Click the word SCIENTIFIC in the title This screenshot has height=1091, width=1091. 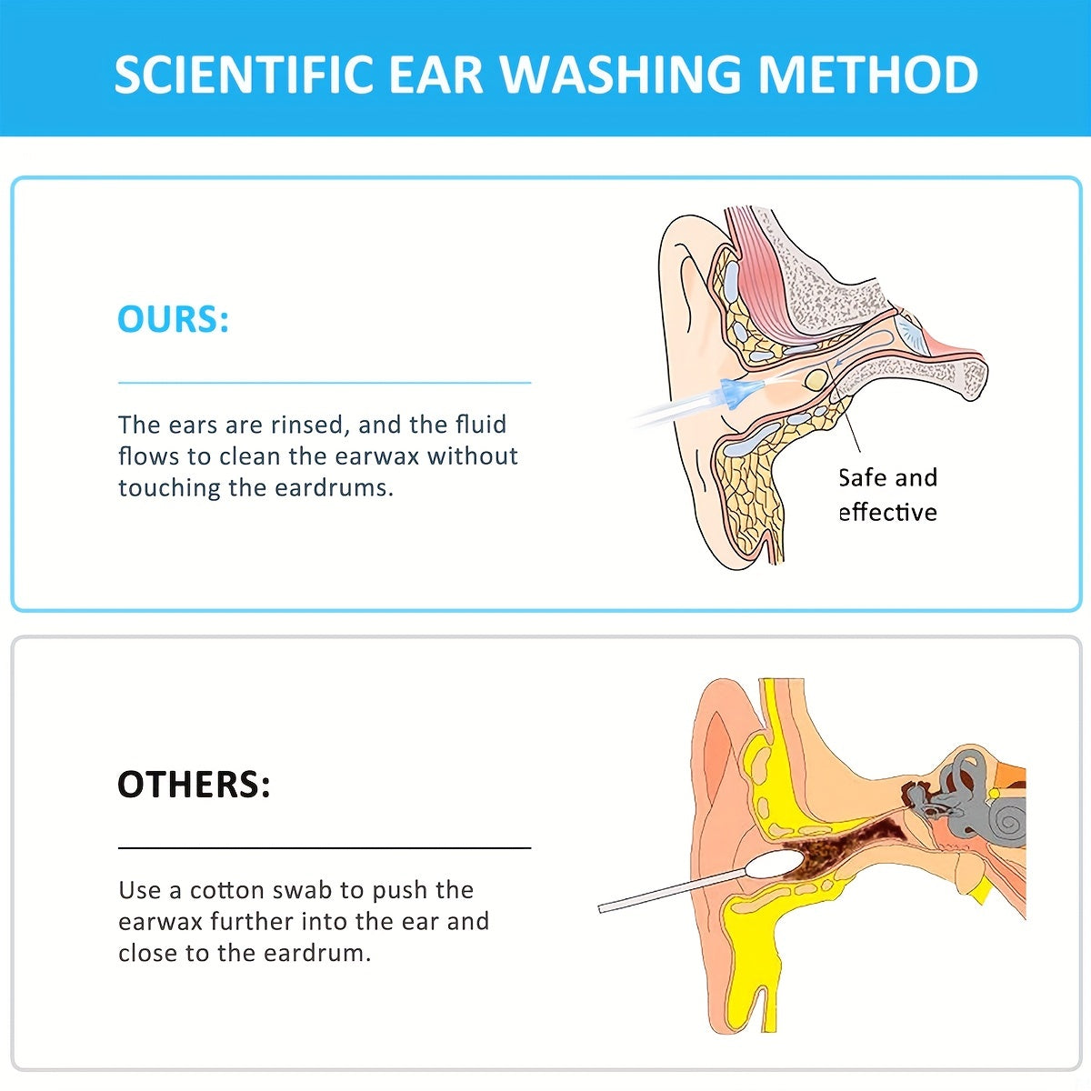[x=244, y=75]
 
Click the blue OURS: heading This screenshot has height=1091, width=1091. [x=173, y=319]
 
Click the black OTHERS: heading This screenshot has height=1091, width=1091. [x=194, y=784]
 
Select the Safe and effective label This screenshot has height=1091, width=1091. [x=886, y=495]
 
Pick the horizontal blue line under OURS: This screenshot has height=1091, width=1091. [x=325, y=383]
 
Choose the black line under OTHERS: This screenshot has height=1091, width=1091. [x=325, y=847]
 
